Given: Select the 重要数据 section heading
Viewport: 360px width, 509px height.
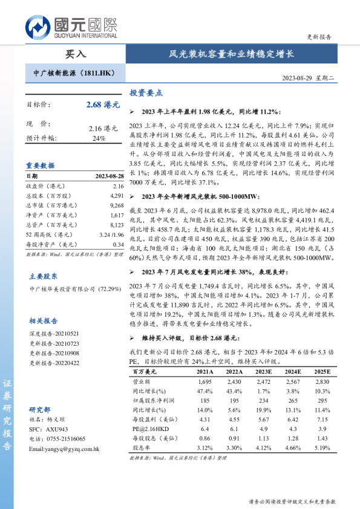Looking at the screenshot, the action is pos(40,165).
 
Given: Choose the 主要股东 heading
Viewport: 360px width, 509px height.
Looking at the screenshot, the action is pos(43,275).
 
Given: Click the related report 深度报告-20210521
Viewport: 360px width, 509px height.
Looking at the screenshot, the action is pos(54,334).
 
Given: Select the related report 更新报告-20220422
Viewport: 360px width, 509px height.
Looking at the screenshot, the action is pos(54,363).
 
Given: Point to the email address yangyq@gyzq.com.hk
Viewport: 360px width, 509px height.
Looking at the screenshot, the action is pos(64,449).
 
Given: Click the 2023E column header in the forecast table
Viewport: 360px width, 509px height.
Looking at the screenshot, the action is pos(262,372).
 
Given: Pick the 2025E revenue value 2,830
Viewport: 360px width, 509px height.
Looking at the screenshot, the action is pos(322,382).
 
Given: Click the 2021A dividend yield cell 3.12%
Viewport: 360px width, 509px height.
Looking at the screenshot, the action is pos(205,448).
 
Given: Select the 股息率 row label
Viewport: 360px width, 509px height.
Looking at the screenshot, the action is pos(142,448).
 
